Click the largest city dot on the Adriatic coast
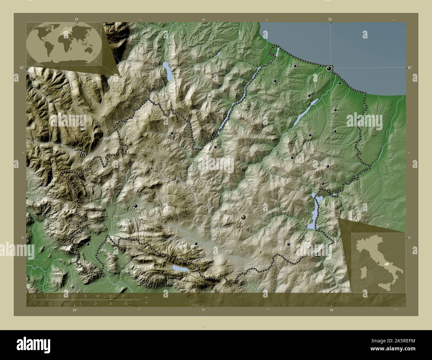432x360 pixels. [329, 69]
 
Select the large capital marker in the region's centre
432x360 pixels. [244, 217]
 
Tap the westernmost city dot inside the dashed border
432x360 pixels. [88, 244]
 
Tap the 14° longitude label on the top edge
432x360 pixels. [76, 20]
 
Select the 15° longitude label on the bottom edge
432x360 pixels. [331, 310]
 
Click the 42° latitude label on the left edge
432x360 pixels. [21, 67]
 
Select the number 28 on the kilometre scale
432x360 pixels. [123, 296]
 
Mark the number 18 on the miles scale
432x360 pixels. [126, 304]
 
